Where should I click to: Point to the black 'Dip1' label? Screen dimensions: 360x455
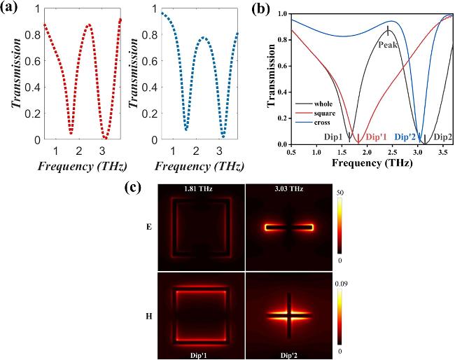333,137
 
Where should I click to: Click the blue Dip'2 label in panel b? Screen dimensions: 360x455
408,137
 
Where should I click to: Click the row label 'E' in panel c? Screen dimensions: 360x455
144,228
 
